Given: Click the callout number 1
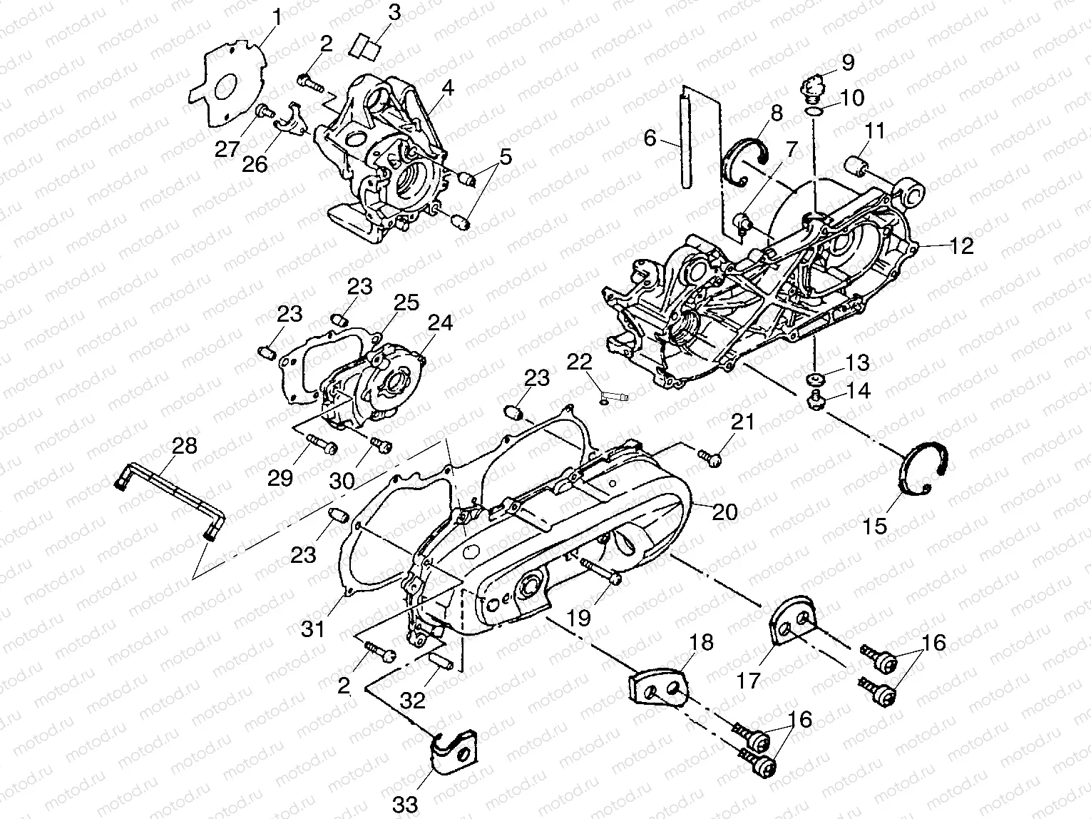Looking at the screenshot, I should click(277, 15).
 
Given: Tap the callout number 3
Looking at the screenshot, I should click(394, 12).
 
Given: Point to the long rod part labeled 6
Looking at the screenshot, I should click(687, 140).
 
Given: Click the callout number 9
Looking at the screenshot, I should click(847, 62).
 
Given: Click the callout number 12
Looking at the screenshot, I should click(961, 246).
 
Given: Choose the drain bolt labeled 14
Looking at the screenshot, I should click(816, 402).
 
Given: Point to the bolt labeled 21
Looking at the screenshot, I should click(710, 458).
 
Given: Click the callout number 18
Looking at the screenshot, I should click(701, 642).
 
